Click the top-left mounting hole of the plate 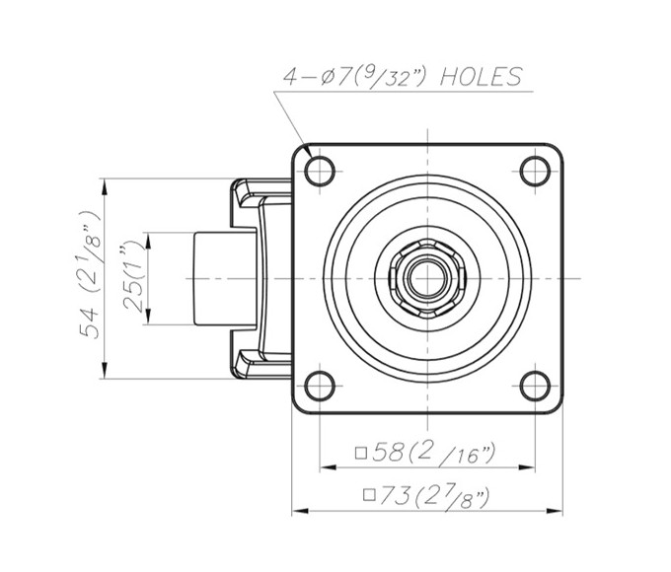coord(320,171)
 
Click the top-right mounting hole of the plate coord(534,171)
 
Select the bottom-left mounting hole coord(320,385)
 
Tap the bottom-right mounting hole coord(534,385)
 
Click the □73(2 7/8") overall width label coord(426,495)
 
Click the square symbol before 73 coord(368,495)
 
